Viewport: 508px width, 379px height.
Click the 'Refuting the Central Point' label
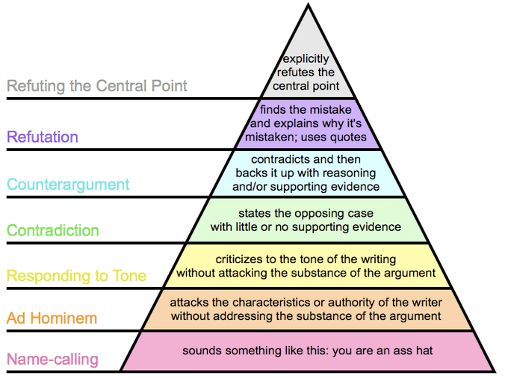(x=97, y=85)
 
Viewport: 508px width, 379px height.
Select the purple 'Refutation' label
(x=42, y=137)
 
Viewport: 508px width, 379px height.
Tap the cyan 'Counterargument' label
(x=68, y=184)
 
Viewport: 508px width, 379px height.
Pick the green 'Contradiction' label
(x=52, y=230)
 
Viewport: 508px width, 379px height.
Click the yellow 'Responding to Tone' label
(x=76, y=276)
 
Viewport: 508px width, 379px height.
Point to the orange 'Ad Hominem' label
(x=52, y=318)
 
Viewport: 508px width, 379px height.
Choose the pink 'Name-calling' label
(x=52, y=360)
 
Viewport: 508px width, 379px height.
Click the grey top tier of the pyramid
(x=306, y=52)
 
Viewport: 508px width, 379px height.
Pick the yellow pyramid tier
(x=306, y=265)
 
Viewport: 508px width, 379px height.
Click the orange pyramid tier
(x=306, y=309)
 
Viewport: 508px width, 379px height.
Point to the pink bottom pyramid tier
(x=306, y=351)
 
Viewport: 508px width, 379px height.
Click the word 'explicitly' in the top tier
(x=306, y=59)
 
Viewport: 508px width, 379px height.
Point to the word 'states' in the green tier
(x=254, y=212)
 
